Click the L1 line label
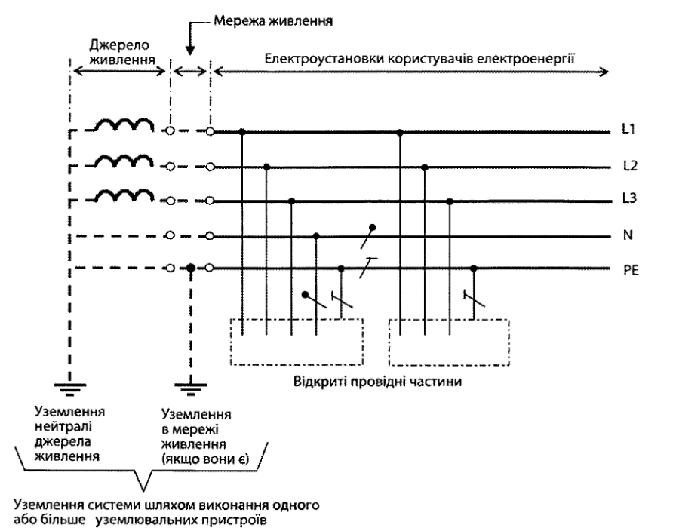pos(628,129)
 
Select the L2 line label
pos(630,166)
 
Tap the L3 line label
pos(629,198)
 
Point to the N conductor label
pos(628,235)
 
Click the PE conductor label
pos(631,271)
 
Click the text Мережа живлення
pos(273,20)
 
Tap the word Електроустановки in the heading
pos(324,58)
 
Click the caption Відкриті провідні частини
pos(378,382)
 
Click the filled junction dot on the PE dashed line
pos(191,269)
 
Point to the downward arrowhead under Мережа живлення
pos(190,49)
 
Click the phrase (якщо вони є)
pos(205,459)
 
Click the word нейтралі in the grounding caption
pos(63,426)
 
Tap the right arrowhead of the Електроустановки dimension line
pos(604,71)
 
